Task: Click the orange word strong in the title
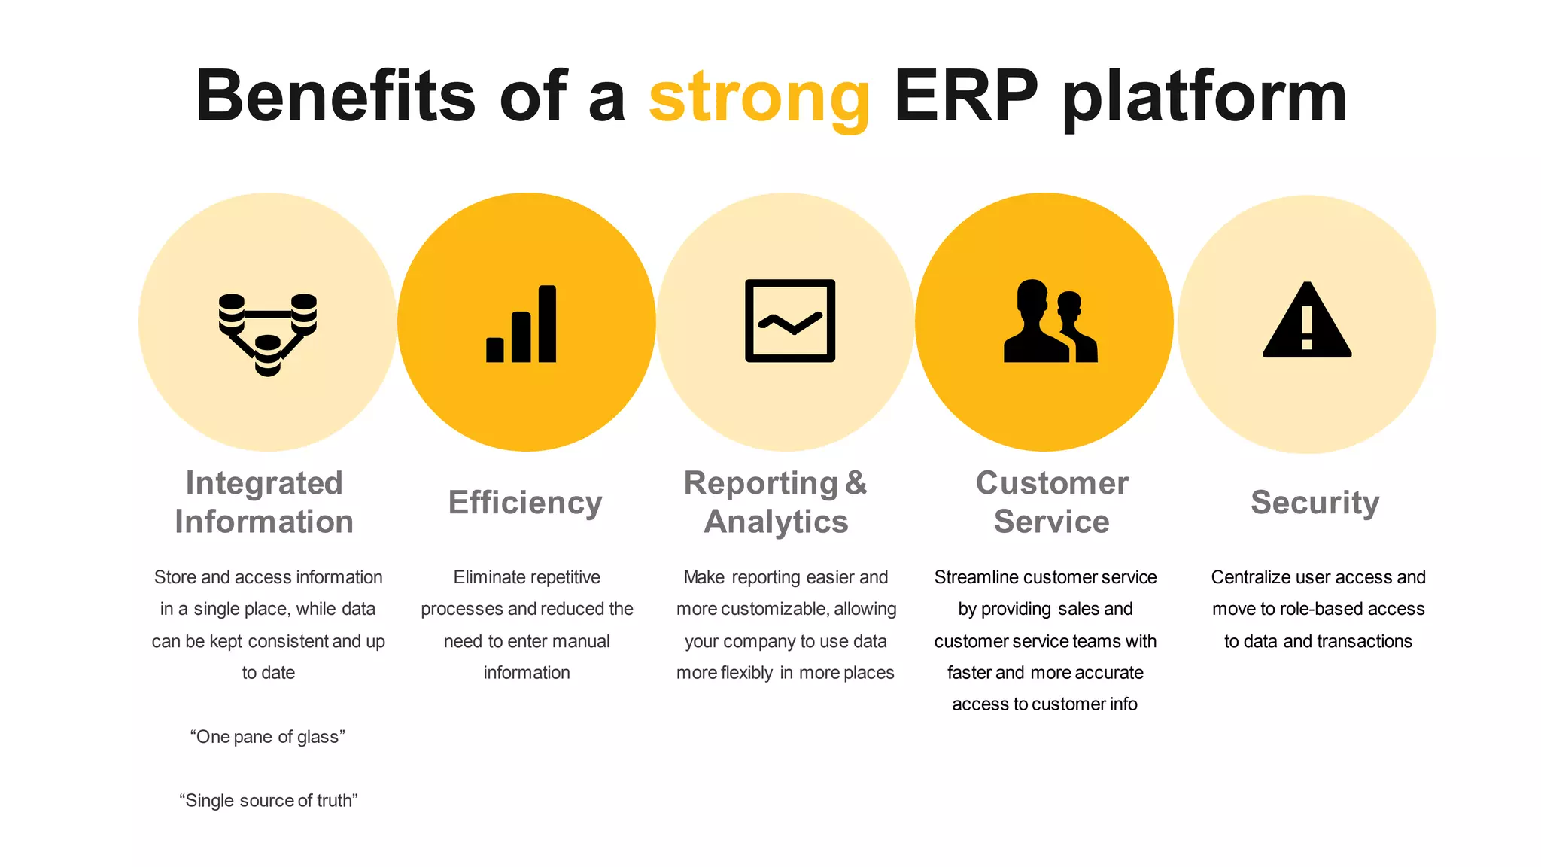758,98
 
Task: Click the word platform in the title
1204,98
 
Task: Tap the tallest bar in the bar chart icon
548,324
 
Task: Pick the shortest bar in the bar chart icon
495,350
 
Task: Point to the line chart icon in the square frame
789,321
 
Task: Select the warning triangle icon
1307,322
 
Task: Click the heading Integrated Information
264,502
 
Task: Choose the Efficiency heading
525,502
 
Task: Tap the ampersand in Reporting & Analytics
856,483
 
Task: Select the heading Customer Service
1052,502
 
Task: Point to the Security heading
1315,502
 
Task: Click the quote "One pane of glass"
267,737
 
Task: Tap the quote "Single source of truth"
268,800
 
